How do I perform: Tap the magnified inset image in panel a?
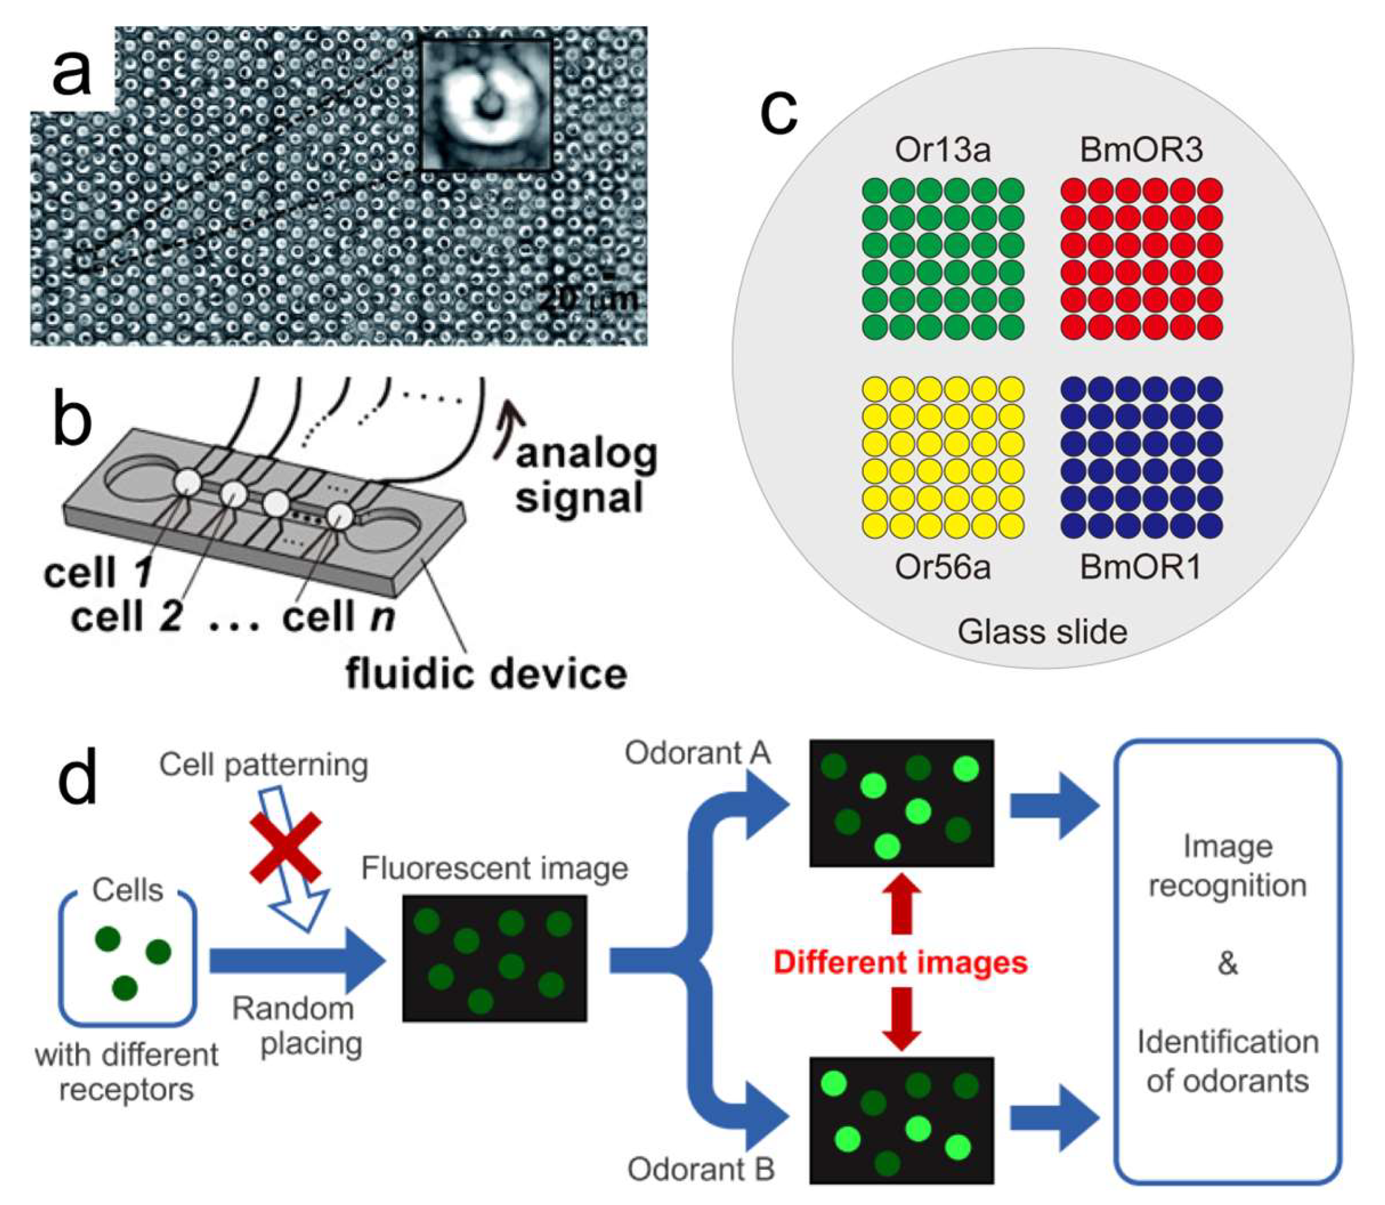coord(486,104)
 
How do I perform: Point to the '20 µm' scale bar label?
coord(588,298)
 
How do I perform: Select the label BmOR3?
coord(1141,149)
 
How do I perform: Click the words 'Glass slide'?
coord(1042,632)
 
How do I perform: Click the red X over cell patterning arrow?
coord(286,846)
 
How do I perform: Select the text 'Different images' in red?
coord(900,962)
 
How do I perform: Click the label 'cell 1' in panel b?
coord(98,573)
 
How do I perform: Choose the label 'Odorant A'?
coord(697,752)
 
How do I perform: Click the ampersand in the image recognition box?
coord(1227,964)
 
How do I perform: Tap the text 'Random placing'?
coord(297,1027)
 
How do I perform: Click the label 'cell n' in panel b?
coord(338,616)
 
